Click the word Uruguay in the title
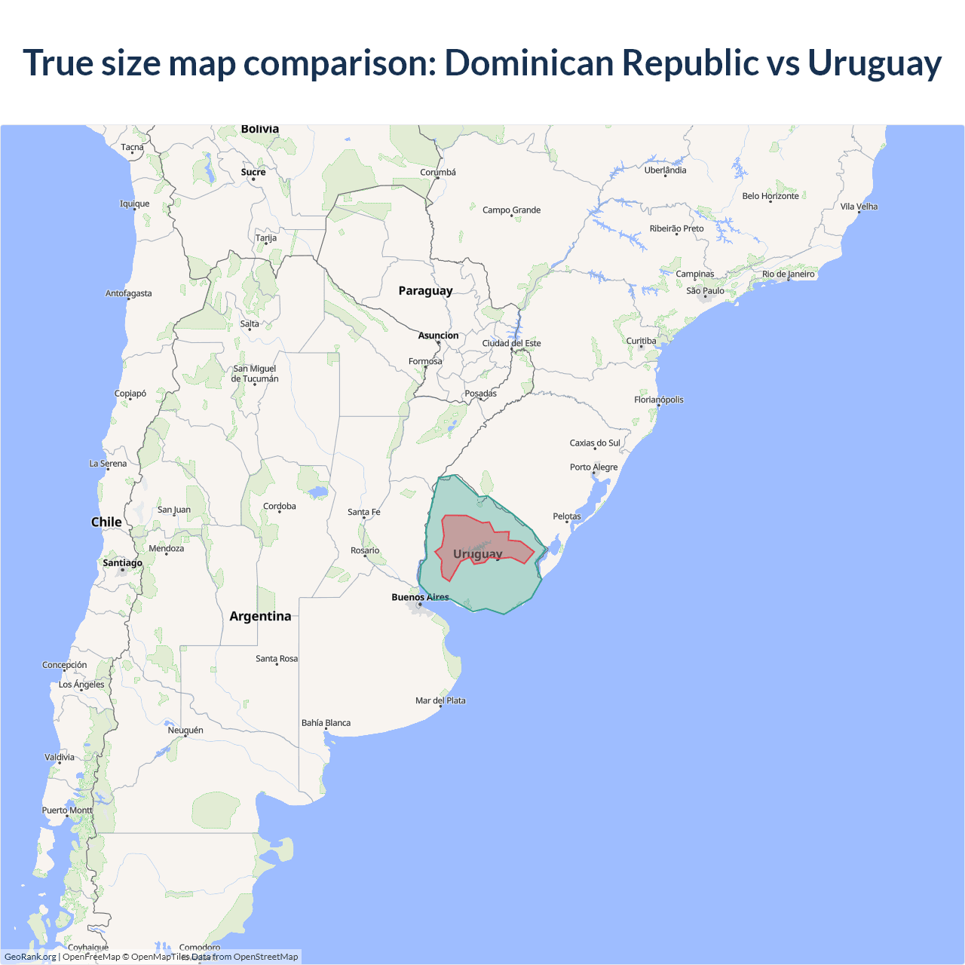875,63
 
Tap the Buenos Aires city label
420,597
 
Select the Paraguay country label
425,291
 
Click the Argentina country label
260,617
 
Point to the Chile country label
106,522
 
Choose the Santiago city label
122,563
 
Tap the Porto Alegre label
593,467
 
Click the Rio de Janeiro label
788,274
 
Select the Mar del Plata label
440,700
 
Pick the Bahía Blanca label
326,723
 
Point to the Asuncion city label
438,336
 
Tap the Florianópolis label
658,400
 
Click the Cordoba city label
279,507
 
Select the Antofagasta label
128,293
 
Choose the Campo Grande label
511,210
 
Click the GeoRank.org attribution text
30,957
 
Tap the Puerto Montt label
67,810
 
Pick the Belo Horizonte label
770,196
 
